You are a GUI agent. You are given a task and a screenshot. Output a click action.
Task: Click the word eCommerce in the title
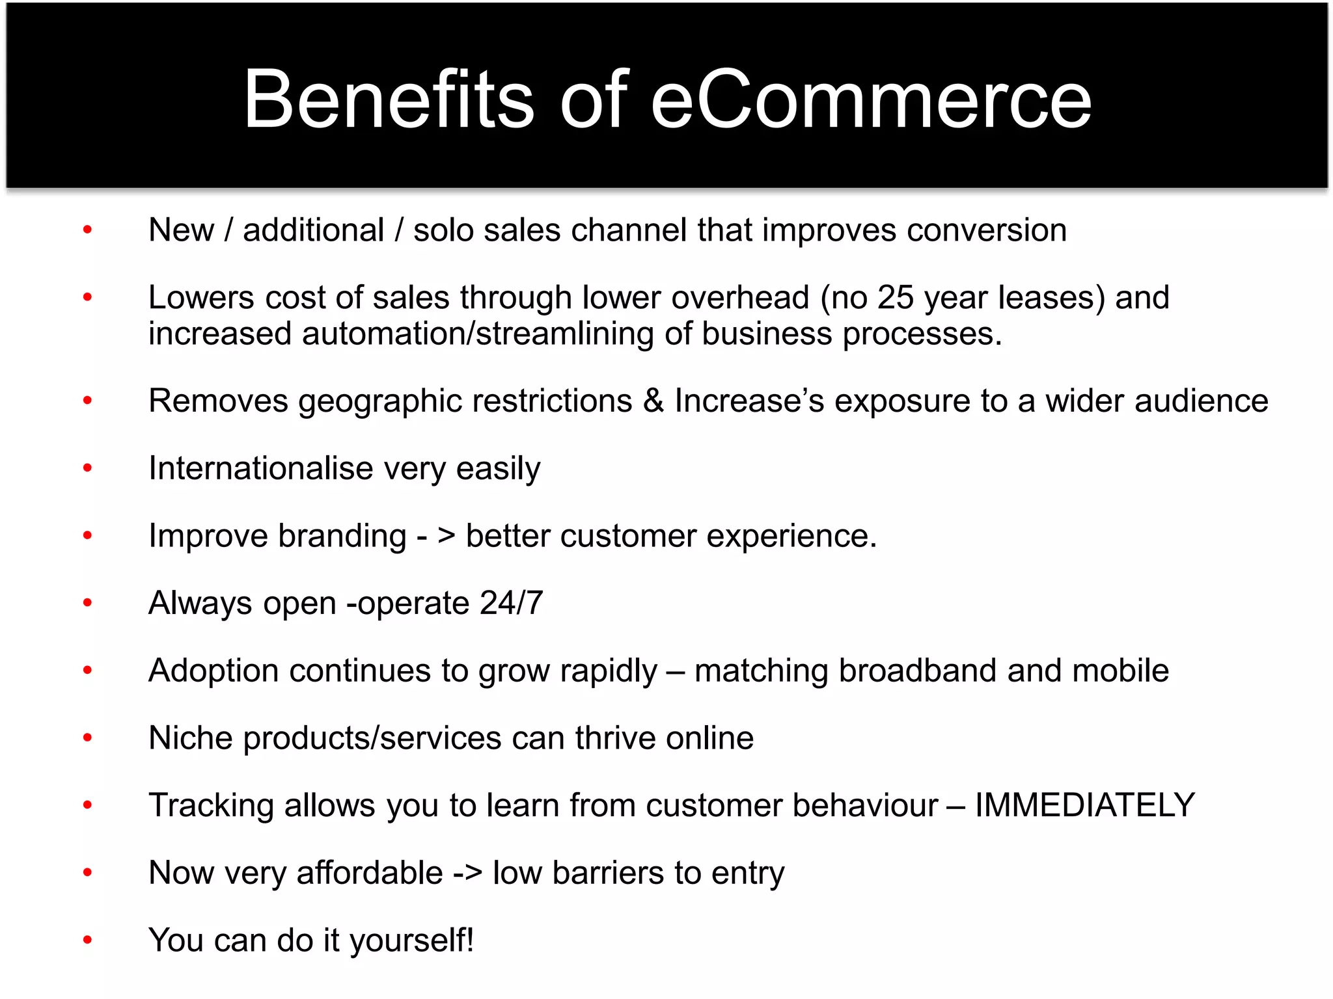click(x=870, y=99)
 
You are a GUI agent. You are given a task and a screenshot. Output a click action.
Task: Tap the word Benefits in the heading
click(x=389, y=99)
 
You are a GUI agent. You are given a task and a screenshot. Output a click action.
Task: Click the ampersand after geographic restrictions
click(x=653, y=401)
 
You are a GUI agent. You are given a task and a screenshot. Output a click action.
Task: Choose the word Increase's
click(x=749, y=401)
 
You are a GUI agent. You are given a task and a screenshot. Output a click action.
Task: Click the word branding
click(x=342, y=537)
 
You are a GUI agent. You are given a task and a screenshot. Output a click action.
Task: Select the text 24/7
click(x=511, y=603)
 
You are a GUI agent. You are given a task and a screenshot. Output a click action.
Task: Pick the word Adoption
click(x=213, y=671)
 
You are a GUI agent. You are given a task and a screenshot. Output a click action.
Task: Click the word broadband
click(x=917, y=671)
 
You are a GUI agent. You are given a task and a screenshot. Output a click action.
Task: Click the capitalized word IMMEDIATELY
click(x=1084, y=805)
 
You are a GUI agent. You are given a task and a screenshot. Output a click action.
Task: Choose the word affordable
click(x=369, y=873)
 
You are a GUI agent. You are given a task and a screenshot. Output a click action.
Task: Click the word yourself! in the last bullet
click(x=412, y=941)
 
